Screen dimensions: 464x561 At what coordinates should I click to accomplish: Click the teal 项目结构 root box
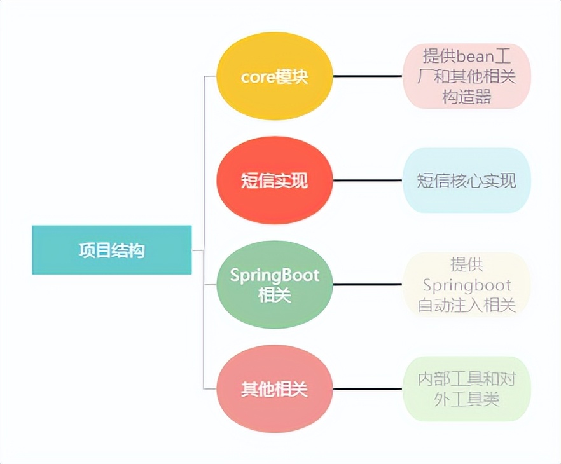(x=112, y=250)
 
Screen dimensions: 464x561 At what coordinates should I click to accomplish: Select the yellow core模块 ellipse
(x=274, y=76)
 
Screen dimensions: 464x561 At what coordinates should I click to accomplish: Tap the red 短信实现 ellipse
(x=274, y=181)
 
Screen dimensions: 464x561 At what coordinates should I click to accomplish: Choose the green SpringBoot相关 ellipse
(x=274, y=285)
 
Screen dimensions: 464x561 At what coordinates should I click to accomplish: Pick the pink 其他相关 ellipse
(x=274, y=389)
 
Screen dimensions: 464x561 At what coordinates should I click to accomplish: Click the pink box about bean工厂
(x=466, y=76)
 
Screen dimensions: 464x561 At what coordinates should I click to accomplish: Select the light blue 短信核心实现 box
(x=466, y=181)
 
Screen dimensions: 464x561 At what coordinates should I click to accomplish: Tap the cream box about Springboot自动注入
(x=466, y=285)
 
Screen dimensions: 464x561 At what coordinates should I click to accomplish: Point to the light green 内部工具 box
(x=466, y=389)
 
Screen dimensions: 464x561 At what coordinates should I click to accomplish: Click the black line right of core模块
(x=368, y=76)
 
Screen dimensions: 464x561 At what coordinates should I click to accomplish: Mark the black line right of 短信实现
(x=368, y=181)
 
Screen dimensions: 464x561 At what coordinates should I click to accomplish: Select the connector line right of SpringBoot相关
(x=368, y=285)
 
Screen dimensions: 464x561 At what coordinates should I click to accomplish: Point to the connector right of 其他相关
(x=368, y=389)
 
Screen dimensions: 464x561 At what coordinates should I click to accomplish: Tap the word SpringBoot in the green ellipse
(x=274, y=276)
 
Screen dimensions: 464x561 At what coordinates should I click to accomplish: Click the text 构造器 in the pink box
(x=466, y=97)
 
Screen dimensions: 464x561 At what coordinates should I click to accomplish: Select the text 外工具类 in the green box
(x=466, y=399)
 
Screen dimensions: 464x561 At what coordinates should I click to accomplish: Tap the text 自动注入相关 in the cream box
(x=466, y=305)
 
